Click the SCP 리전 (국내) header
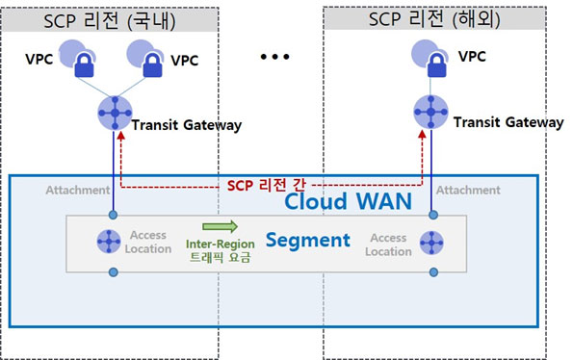tap(110, 20)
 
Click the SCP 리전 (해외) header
tap(434, 18)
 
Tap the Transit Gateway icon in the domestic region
tap(115, 114)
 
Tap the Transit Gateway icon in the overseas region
tap(430, 112)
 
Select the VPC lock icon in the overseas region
tap(436, 64)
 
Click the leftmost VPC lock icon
tap(84, 64)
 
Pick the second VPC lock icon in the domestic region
tap(152, 64)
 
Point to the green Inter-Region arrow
tap(220, 226)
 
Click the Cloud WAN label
tap(348, 201)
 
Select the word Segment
tap(308, 241)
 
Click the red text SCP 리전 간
tap(266, 185)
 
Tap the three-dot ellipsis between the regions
tap(274, 57)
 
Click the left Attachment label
tap(77, 190)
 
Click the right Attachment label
tap(468, 190)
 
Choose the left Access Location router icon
tap(109, 242)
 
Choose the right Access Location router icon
tap(431, 243)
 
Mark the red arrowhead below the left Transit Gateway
tap(120, 136)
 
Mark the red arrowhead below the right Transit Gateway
tap(422, 135)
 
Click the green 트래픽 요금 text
tap(220, 257)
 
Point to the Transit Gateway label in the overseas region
tap(508, 122)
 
